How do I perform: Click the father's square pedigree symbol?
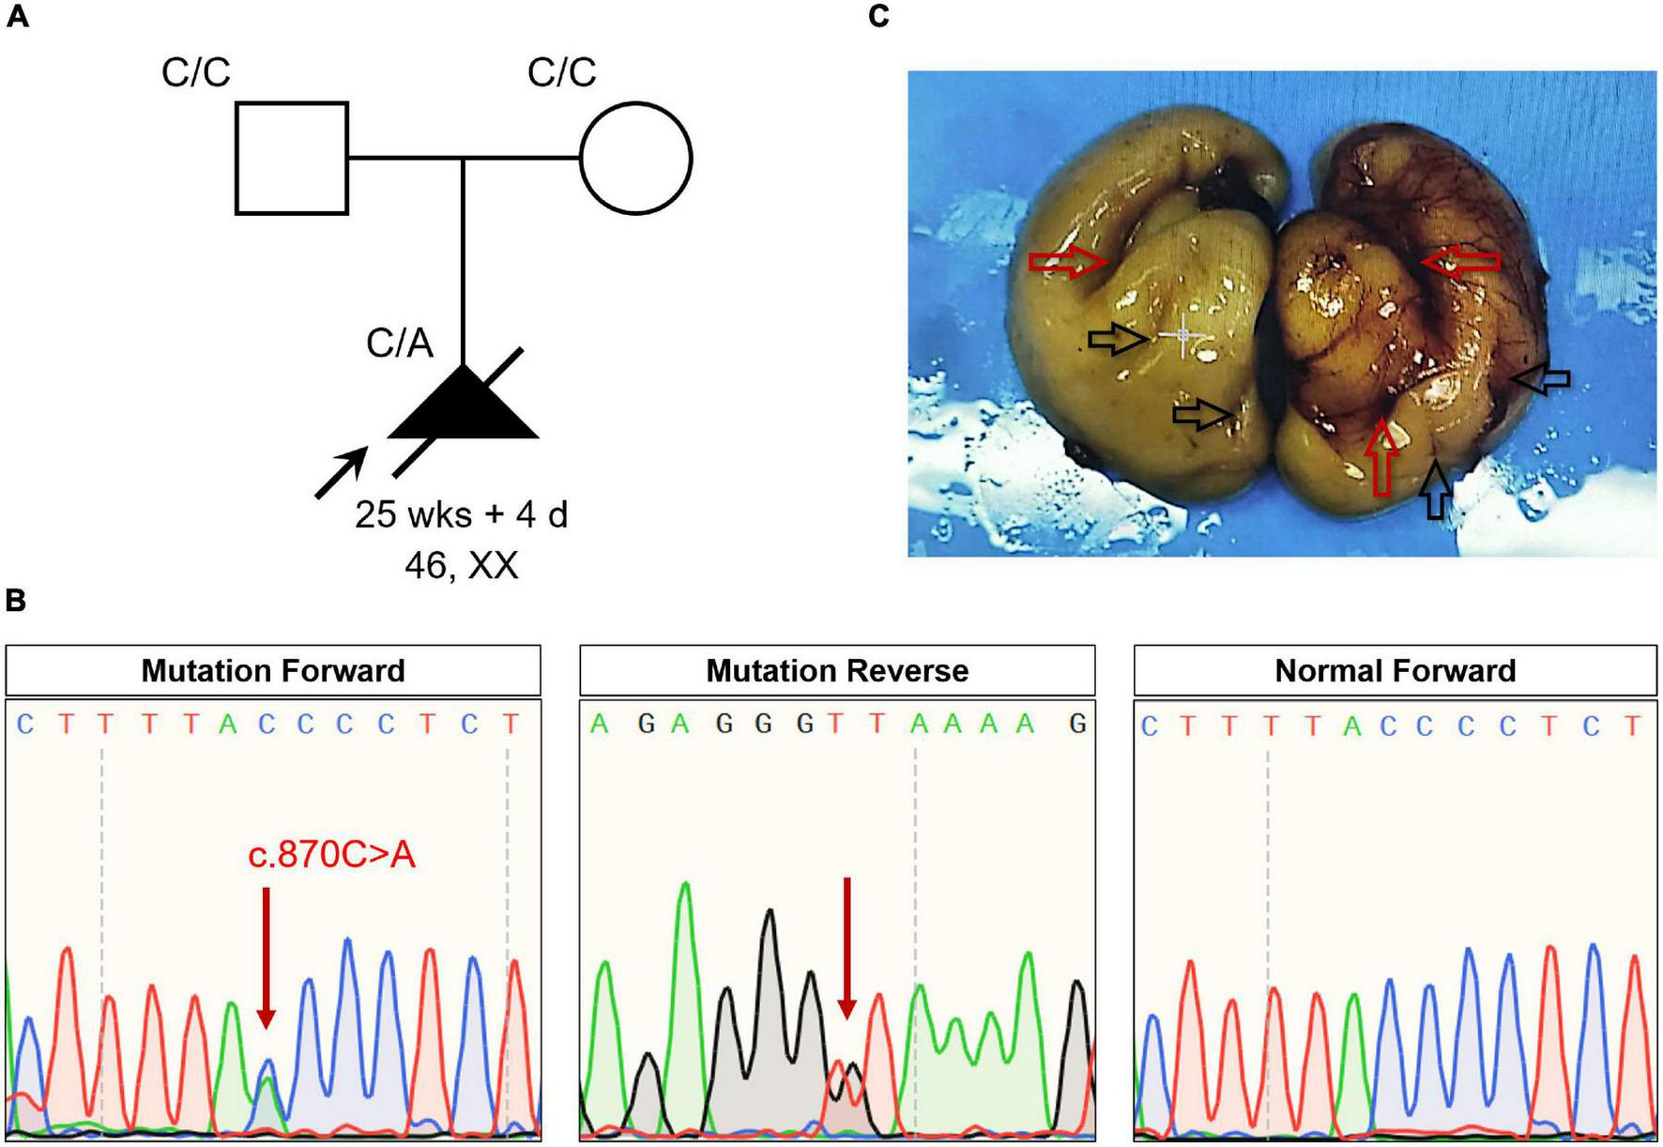point(292,159)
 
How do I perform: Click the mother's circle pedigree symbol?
point(636,159)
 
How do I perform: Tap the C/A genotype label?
point(400,344)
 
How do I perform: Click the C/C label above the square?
point(195,72)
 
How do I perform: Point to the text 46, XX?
point(462,566)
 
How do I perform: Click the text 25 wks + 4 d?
point(462,514)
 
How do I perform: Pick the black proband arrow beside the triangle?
point(341,472)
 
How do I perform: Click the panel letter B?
point(16,601)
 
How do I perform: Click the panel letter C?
point(878,16)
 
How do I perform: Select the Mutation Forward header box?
point(273,671)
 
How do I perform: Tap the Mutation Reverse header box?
point(837,671)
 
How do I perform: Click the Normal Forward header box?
point(1395,671)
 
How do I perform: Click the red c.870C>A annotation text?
point(331,856)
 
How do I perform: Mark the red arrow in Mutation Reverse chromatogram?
point(847,948)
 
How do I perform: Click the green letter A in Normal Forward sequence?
point(1351,726)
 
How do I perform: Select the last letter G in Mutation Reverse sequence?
point(1077,724)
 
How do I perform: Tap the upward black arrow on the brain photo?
point(1435,489)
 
